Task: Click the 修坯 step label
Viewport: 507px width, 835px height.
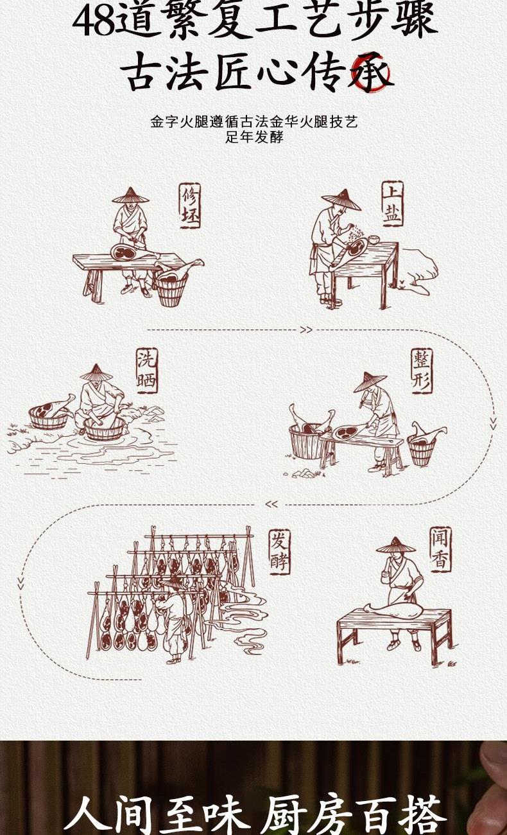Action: pyautogui.click(x=190, y=206)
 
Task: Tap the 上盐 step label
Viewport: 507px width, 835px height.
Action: pyautogui.click(x=392, y=204)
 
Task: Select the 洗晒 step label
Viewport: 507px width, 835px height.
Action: pyautogui.click(x=147, y=371)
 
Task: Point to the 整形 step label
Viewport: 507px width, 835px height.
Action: pyautogui.click(x=422, y=371)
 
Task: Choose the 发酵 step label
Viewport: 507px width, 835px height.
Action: pyautogui.click(x=279, y=552)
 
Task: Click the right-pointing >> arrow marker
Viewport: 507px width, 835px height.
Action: pyautogui.click(x=306, y=330)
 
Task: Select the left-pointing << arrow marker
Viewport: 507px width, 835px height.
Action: pyautogui.click(x=271, y=504)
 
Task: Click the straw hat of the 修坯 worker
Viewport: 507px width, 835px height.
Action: pyautogui.click(x=130, y=195)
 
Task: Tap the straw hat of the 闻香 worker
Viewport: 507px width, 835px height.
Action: pyautogui.click(x=395, y=545)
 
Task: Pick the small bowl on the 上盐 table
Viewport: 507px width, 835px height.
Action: pyautogui.click(x=373, y=239)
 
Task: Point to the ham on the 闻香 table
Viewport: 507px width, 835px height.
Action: pyautogui.click(x=393, y=610)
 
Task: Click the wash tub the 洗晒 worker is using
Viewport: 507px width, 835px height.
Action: pyautogui.click(x=105, y=428)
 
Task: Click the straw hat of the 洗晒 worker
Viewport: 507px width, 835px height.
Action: pyautogui.click(x=96, y=373)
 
